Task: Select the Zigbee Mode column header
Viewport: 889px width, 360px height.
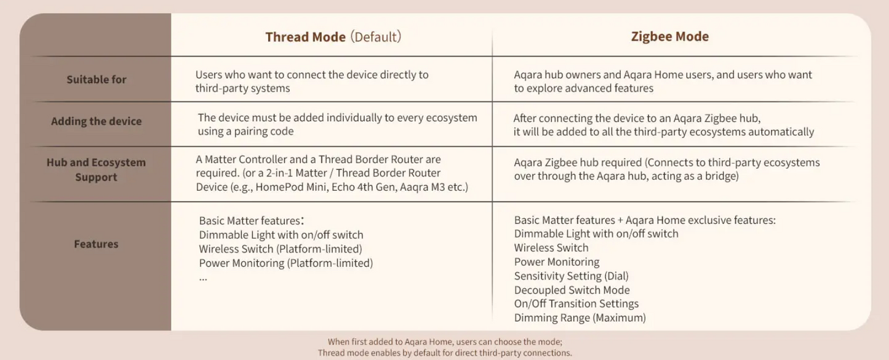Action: (x=670, y=36)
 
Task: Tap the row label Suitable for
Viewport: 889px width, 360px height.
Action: (x=97, y=79)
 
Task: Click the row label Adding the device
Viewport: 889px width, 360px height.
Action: (x=97, y=121)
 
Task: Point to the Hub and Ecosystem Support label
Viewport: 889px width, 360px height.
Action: (x=96, y=169)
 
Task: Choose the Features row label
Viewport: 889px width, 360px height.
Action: (x=96, y=244)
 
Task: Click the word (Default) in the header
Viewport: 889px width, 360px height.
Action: (x=375, y=37)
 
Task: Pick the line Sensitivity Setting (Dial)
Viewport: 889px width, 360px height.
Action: (x=571, y=276)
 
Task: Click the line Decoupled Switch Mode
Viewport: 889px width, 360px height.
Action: (x=572, y=290)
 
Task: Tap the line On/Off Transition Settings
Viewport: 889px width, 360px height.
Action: (x=576, y=303)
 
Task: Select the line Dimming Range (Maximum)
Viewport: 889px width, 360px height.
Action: (x=580, y=318)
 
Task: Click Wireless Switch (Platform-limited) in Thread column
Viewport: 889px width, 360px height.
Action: (x=281, y=249)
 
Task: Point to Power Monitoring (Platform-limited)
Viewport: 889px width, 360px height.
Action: (x=285, y=263)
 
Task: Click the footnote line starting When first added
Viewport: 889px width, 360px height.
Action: (x=445, y=342)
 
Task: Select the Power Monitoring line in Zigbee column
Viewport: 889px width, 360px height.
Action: (x=557, y=262)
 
